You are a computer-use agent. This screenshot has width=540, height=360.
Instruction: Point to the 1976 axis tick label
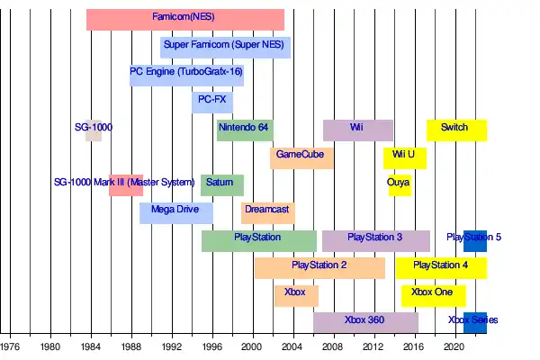[10, 346]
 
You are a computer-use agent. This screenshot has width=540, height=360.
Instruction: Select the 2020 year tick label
[454, 346]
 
